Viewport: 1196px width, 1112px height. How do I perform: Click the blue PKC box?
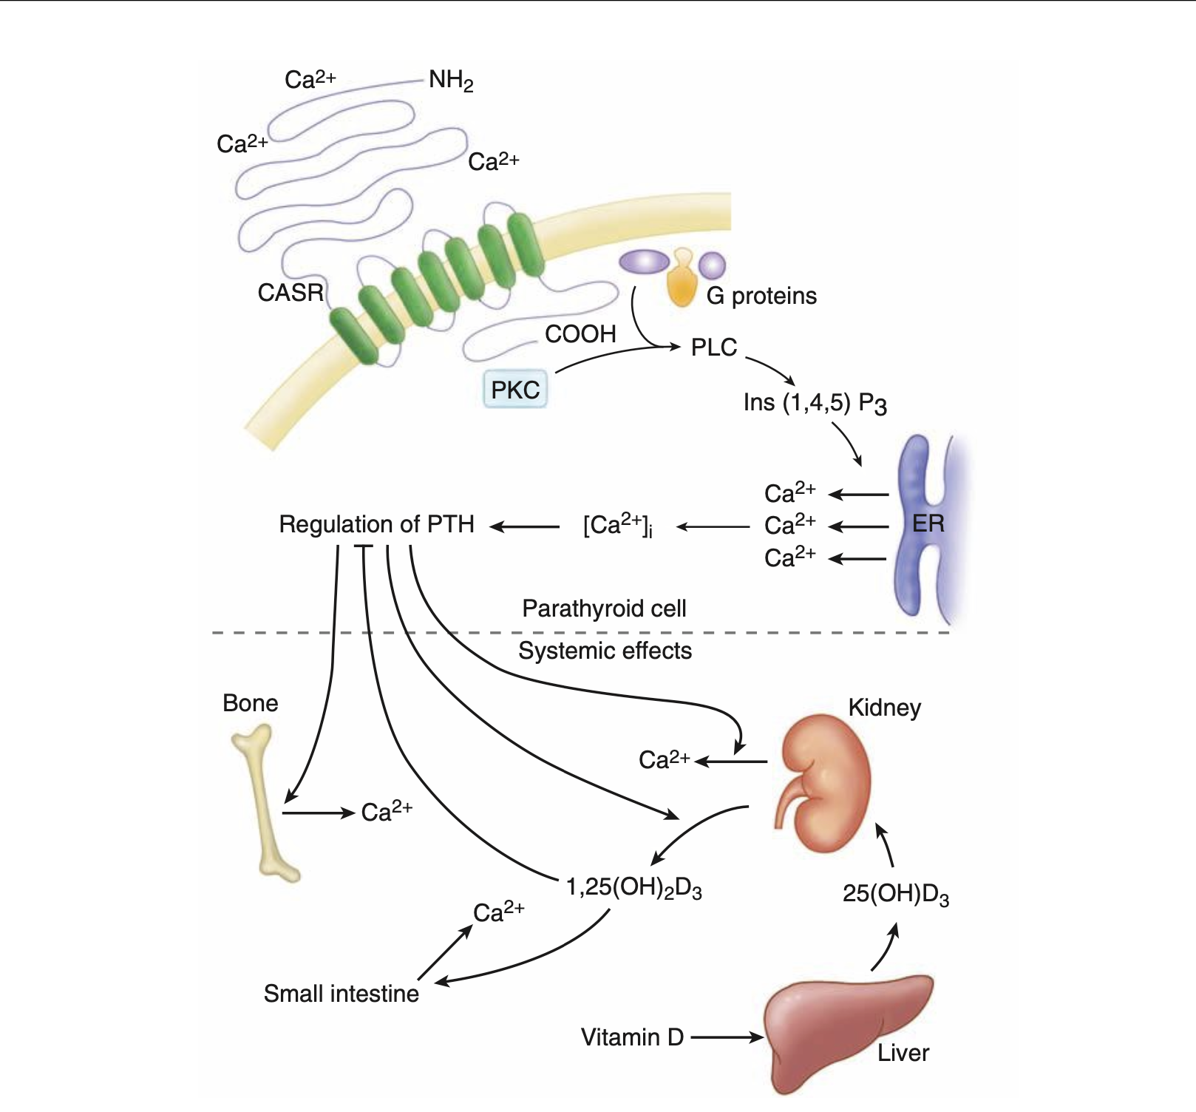point(515,390)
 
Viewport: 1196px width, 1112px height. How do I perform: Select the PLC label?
point(713,347)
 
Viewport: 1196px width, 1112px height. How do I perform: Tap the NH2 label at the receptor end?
point(451,80)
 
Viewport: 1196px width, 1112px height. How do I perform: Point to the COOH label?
point(580,334)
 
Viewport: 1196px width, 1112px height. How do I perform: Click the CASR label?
point(290,293)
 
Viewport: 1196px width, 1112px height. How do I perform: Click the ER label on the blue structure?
point(928,523)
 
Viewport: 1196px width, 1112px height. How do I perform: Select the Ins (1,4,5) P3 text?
point(815,404)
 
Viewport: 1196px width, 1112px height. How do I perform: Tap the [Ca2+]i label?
point(617,525)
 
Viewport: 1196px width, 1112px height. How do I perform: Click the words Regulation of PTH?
point(376,524)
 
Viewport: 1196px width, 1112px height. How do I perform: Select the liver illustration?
point(843,1028)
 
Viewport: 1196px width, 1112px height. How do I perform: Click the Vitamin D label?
point(632,1037)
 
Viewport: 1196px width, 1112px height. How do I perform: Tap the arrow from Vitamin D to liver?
point(726,1037)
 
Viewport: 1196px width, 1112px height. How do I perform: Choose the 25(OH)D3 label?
point(895,894)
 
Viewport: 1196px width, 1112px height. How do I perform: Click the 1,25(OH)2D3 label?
point(633,887)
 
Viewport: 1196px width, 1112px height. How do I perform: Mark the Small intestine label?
point(341,994)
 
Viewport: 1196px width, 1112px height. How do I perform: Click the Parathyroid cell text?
point(604,608)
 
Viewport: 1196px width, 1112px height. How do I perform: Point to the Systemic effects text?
point(605,651)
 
